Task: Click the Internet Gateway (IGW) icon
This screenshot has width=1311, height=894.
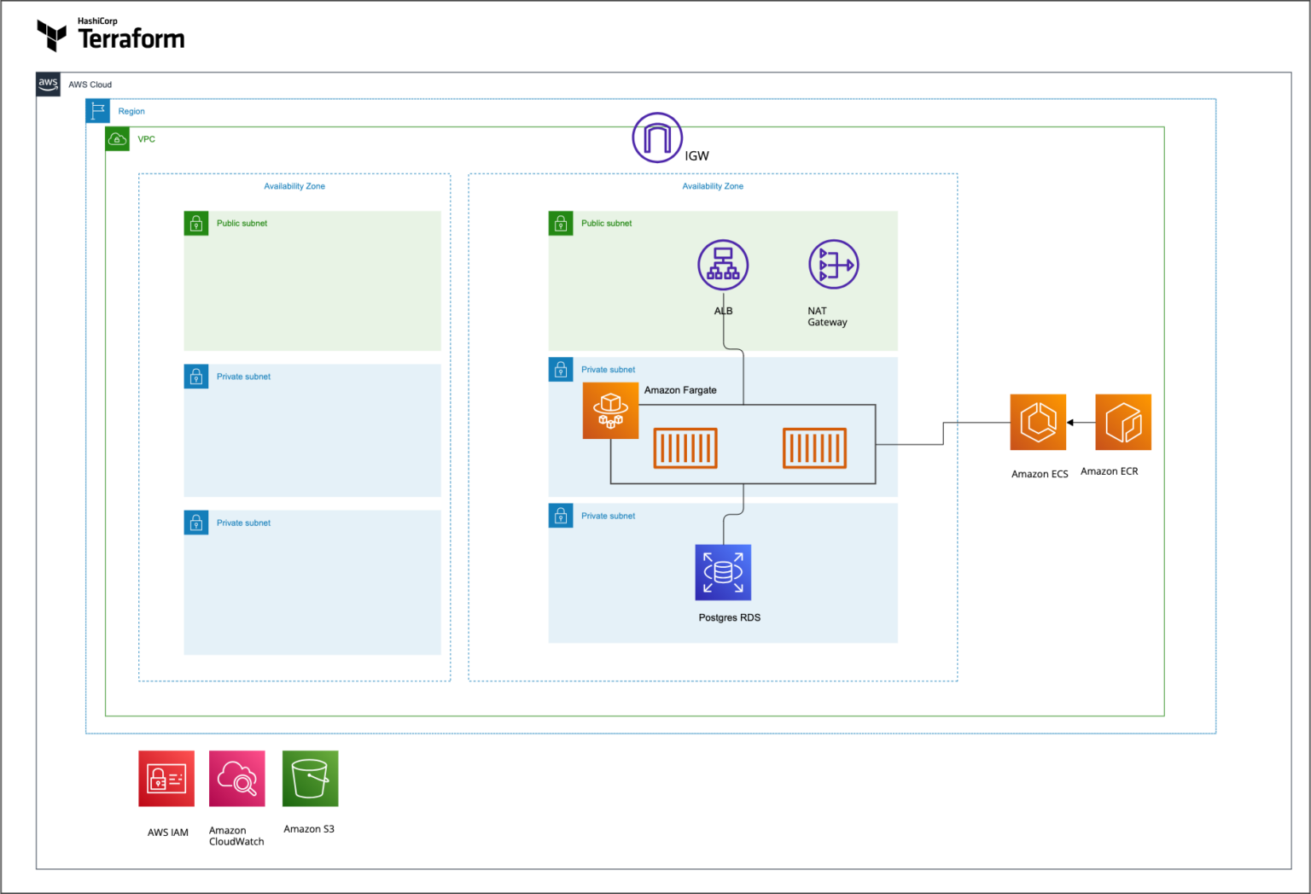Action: click(657, 137)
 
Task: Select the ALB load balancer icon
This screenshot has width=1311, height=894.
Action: click(723, 265)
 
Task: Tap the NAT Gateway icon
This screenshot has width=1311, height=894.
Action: click(833, 265)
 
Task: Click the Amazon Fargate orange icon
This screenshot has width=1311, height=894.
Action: click(610, 411)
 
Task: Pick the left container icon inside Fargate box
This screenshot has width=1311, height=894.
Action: click(685, 448)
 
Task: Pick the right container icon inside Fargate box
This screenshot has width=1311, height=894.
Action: click(815, 448)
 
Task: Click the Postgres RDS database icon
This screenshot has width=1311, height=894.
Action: click(723, 572)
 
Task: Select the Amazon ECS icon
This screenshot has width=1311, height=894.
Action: click(1038, 422)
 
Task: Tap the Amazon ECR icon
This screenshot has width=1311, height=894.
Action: click(1123, 422)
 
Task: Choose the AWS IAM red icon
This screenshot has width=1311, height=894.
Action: click(166, 778)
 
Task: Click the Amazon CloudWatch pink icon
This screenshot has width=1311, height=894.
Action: click(236, 778)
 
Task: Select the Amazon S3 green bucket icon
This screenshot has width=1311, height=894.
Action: click(310, 778)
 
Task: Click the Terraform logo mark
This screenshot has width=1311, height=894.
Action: click(52, 35)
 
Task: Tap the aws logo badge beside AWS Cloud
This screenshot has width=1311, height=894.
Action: click(49, 84)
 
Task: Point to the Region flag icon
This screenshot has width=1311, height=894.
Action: click(98, 111)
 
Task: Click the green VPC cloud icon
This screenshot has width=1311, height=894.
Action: click(118, 138)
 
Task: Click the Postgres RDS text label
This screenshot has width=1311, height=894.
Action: click(729, 617)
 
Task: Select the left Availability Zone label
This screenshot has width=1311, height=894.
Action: click(294, 186)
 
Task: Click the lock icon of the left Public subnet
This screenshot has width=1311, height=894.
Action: click(196, 224)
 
